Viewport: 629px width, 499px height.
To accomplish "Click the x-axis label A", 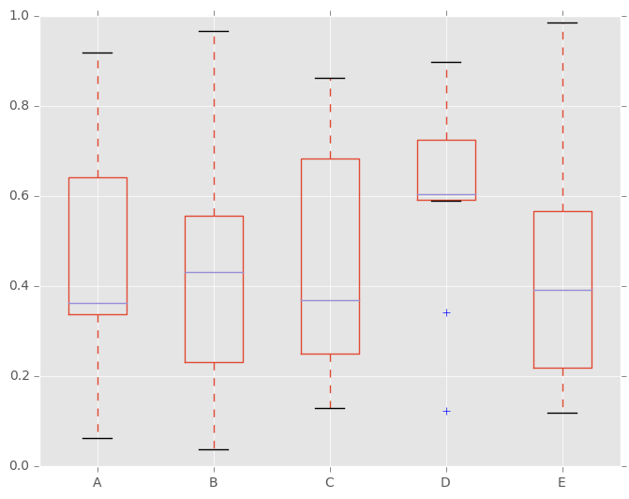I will coord(97,483).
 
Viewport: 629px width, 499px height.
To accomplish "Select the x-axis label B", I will coord(214,483).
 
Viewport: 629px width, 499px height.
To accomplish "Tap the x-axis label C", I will coord(330,483).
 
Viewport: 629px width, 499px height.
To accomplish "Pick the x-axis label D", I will coord(446,483).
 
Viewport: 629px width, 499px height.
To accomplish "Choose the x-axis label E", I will coord(562,483).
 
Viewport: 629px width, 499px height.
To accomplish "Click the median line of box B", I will coord(214,272).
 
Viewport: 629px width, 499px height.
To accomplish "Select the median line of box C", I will coord(330,300).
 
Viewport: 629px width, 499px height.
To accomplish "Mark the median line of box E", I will coord(562,290).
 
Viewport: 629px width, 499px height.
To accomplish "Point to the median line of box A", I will coord(97,303).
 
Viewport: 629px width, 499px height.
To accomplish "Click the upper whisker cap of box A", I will coord(97,53).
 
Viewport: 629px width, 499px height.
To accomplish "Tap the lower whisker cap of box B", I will coord(214,449).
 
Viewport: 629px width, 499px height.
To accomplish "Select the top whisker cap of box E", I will coord(562,23).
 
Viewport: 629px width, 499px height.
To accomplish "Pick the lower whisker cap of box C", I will coord(330,408).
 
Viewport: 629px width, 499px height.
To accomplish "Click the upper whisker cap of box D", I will coord(446,62).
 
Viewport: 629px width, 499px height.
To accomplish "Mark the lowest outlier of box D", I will coord(446,411).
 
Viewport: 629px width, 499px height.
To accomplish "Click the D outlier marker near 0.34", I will coord(446,312).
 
